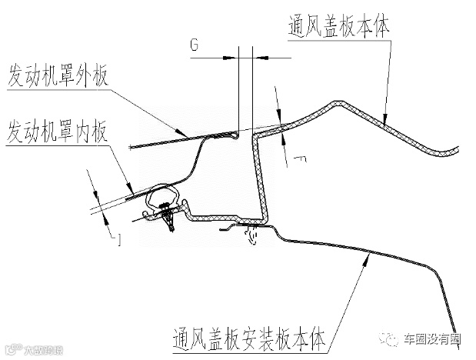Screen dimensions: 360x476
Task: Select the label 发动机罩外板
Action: coord(58,77)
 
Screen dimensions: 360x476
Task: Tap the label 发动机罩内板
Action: coord(58,132)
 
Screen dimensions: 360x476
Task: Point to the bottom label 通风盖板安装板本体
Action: coord(239,336)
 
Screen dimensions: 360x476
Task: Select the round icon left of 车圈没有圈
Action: coord(394,338)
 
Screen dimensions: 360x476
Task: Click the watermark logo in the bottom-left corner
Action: coord(27,350)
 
